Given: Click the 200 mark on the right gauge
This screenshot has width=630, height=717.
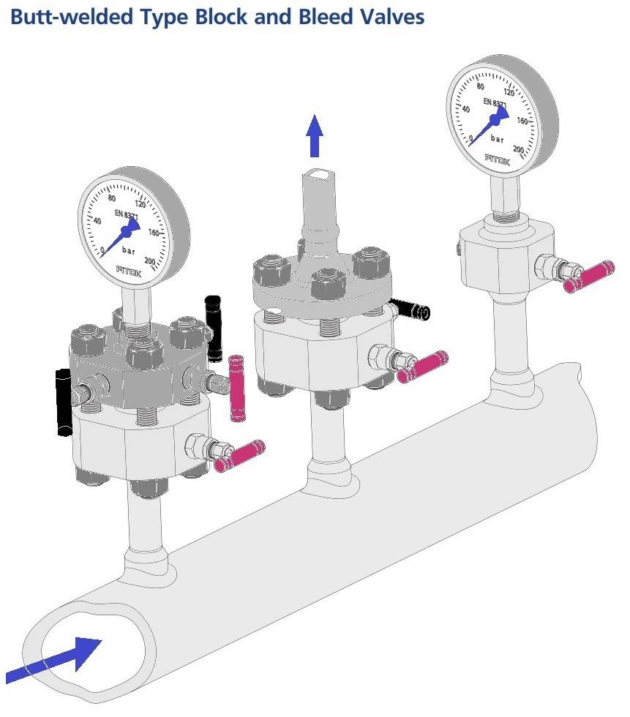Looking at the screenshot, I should coord(518,149).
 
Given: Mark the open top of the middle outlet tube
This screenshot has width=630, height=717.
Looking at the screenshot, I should coord(317,174).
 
